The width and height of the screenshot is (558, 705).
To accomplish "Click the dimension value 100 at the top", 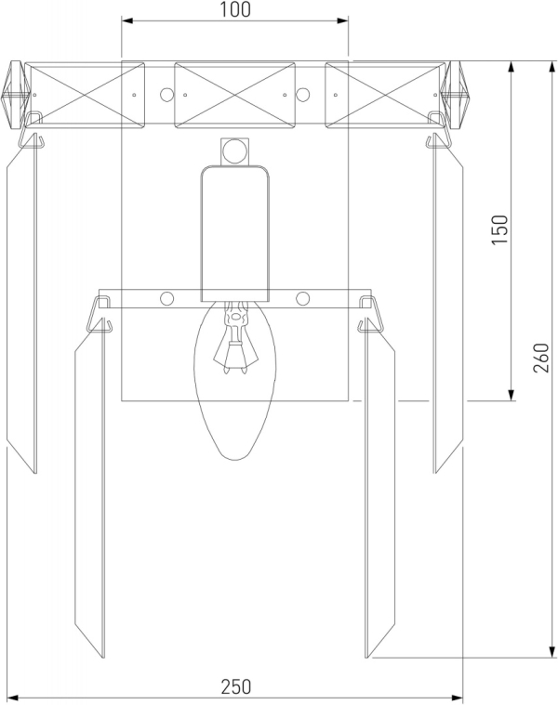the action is pos(235,9).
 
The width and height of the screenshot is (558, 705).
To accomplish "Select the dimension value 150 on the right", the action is pos(499,229).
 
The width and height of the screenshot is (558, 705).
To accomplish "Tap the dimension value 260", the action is pos(541,358).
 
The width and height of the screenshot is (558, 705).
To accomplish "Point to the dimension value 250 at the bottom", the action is pos(236,686).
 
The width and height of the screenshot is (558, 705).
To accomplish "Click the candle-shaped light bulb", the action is pos(235,380).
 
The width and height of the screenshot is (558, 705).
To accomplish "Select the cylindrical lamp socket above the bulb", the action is pos(235,233).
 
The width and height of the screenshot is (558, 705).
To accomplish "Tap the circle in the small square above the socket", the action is pos(234,151).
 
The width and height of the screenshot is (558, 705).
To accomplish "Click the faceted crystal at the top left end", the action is pos(15,95).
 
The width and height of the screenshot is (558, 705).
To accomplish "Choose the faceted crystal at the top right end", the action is pos(456,95).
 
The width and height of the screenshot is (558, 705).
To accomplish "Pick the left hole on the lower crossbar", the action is pos(166,298).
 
